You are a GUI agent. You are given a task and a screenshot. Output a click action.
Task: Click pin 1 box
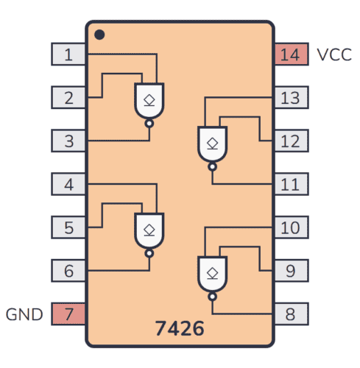[x=68, y=54]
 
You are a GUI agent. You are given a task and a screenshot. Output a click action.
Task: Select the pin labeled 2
[x=68, y=97]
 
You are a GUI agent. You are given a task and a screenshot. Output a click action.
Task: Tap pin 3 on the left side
[x=68, y=141]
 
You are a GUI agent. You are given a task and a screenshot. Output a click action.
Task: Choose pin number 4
[x=68, y=184]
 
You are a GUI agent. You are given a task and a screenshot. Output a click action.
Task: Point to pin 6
[x=68, y=271]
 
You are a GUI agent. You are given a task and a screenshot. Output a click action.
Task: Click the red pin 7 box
[x=68, y=314]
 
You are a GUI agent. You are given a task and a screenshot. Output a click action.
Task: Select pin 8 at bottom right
[x=291, y=314]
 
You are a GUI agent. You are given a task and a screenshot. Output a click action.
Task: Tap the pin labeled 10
[x=291, y=227]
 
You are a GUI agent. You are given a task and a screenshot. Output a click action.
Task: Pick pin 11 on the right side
[x=291, y=184]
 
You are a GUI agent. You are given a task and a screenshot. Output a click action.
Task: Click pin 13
[x=291, y=97]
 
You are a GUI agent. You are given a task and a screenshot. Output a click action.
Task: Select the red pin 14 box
[x=291, y=54]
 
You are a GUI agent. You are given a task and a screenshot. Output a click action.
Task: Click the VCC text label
[x=334, y=54]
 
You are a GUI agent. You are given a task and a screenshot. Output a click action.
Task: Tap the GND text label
[x=25, y=314]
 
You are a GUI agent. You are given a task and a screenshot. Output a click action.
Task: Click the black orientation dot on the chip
[x=100, y=34]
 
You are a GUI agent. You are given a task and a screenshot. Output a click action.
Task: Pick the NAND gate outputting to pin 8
[x=213, y=274]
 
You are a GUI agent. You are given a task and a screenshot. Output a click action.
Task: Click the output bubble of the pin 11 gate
[x=213, y=167]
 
